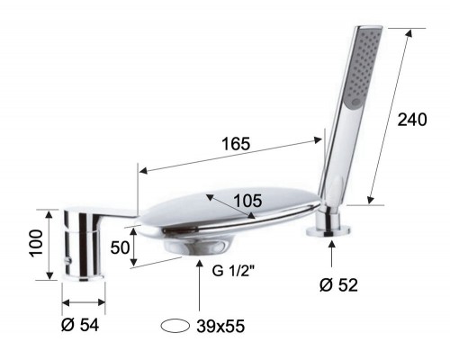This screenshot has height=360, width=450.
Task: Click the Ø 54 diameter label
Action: pos(81,325)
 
